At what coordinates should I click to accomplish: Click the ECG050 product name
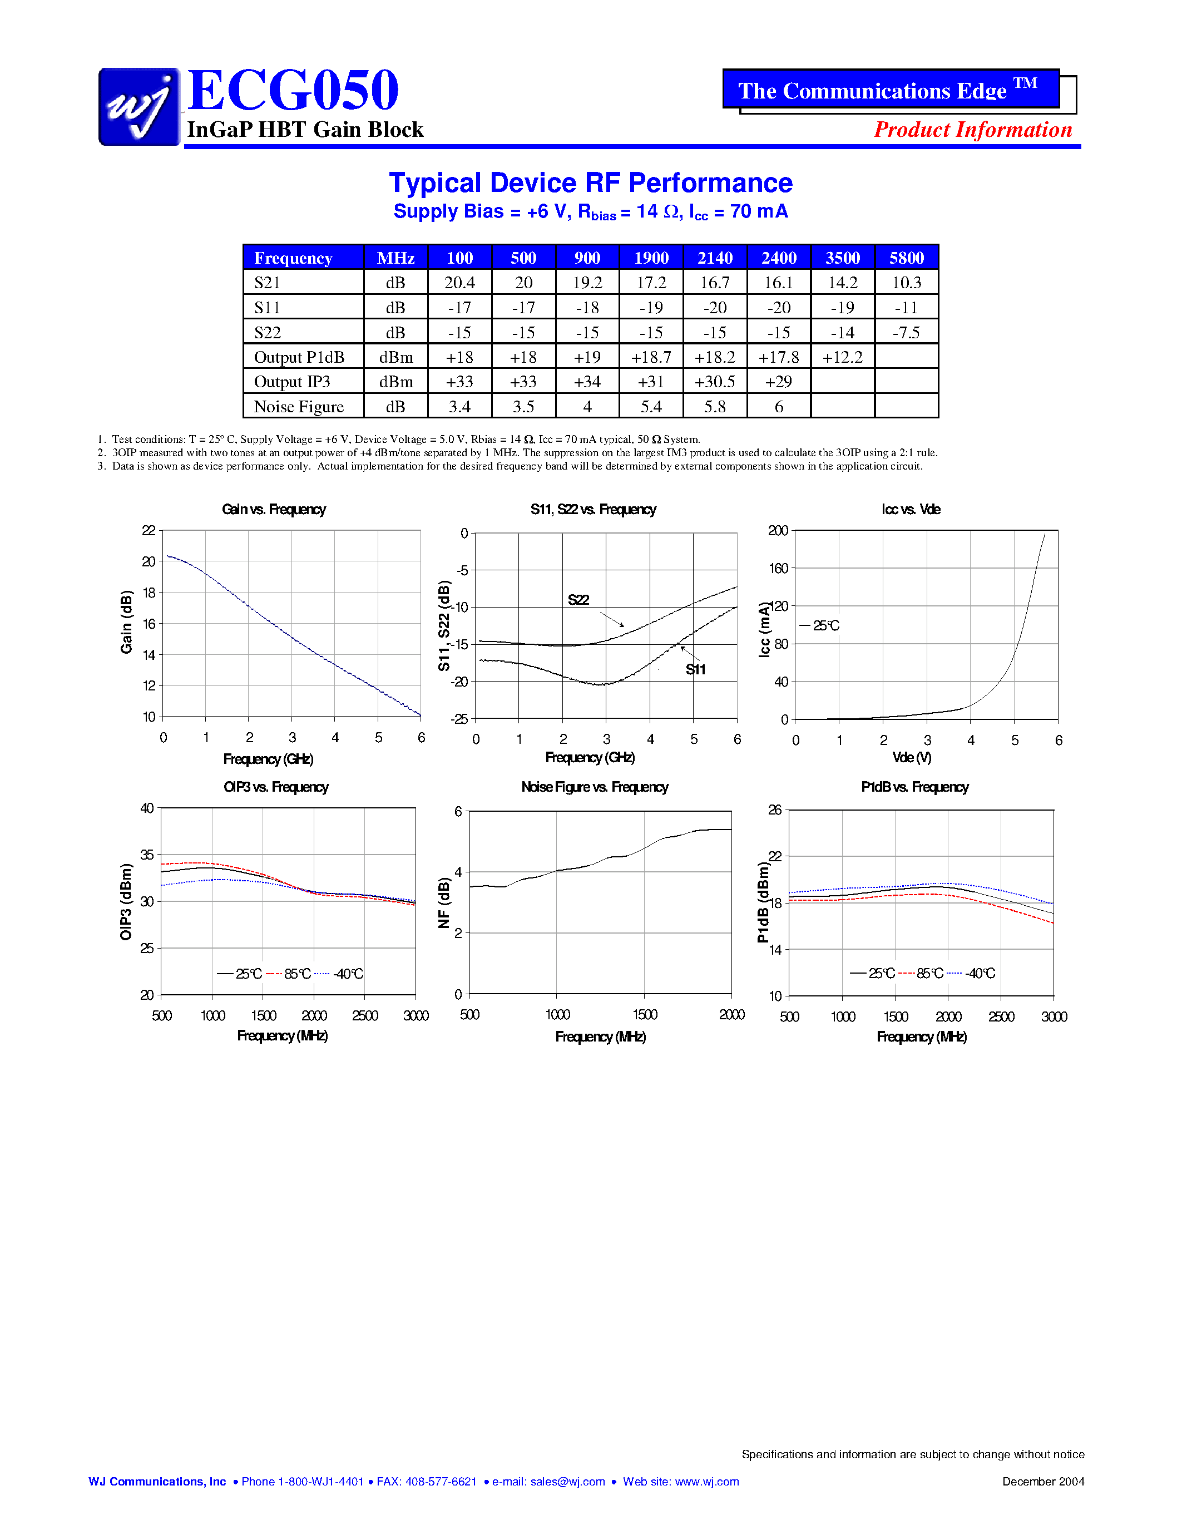[x=293, y=90]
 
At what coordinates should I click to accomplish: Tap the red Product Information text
[x=973, y=130]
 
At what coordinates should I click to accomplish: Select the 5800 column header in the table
[x=906, y=258]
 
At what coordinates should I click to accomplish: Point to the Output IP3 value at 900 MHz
[x=587, y=382]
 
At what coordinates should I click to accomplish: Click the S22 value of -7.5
[x=906, y=332]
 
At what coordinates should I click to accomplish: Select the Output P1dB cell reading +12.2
[x=842, y=357]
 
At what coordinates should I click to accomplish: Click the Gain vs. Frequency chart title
[x=274, y=509]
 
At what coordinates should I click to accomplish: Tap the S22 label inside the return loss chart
[x=578, y=600]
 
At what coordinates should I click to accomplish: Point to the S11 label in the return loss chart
[x=695, y=670]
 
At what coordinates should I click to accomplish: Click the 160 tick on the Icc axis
[x=778, y=568]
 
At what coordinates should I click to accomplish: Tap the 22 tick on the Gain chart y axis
[x=149, y=530]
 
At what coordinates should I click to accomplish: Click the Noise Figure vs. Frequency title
[x=595, y=787]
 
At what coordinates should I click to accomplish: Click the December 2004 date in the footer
[x=1042, y=1482]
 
